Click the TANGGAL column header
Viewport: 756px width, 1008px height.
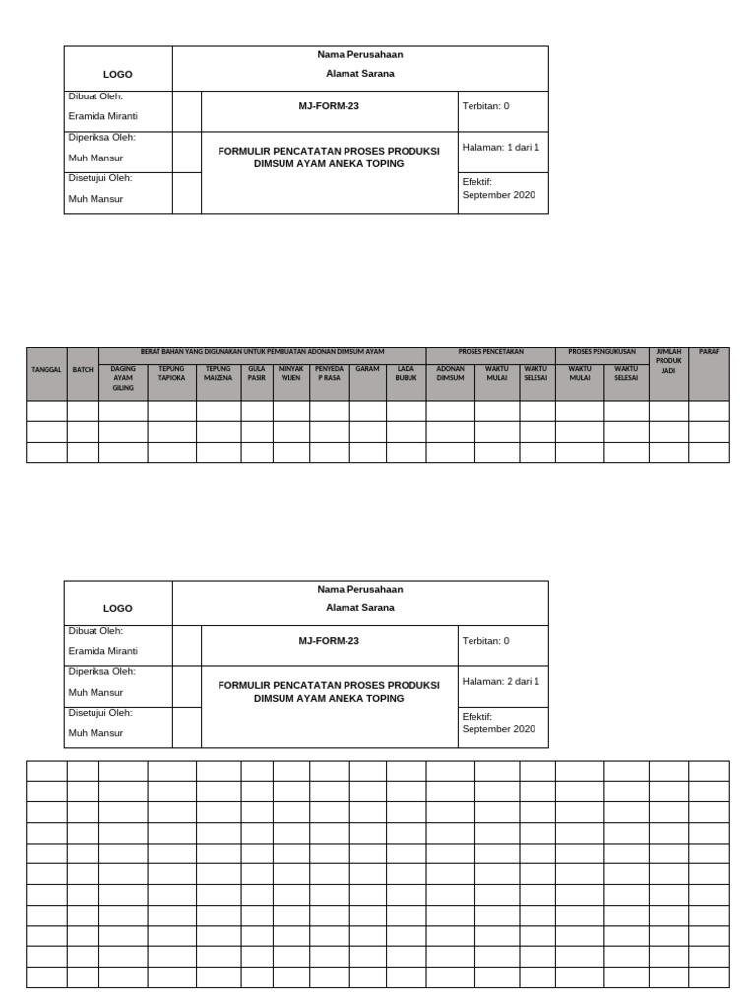tap(46, 369)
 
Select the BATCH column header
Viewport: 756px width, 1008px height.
tap(83, 369)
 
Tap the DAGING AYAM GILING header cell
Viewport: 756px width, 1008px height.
tap(123, 378)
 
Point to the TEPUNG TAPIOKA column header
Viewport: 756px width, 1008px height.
tap(171, 373)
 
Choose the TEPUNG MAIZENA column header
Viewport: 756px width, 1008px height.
tap(218, 373)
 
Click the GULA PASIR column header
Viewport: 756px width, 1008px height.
tap(257, 373)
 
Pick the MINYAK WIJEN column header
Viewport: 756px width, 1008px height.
tap(290, 373)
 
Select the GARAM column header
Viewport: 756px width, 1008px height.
tap(367, 369)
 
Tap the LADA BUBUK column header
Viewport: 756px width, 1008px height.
tap(406, 373)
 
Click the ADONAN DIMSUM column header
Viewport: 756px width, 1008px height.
tap(450, 373)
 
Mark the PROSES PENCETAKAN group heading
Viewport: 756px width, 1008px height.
tap(490, 352)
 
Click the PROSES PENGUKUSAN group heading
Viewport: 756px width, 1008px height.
tap(601, 352)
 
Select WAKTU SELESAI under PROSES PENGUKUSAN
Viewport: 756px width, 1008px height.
tap(626, 373)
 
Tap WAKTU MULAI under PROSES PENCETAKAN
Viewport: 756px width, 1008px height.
tap(497, 373)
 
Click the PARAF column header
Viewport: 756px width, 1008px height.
tap(709, 352)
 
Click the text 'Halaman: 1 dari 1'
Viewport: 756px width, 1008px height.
tap(501, 147)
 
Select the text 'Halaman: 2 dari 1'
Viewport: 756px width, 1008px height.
tap(501, 681)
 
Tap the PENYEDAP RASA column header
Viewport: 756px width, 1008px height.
tap(329, 373)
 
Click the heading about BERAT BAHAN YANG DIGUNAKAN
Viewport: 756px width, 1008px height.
tap(262, 352)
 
